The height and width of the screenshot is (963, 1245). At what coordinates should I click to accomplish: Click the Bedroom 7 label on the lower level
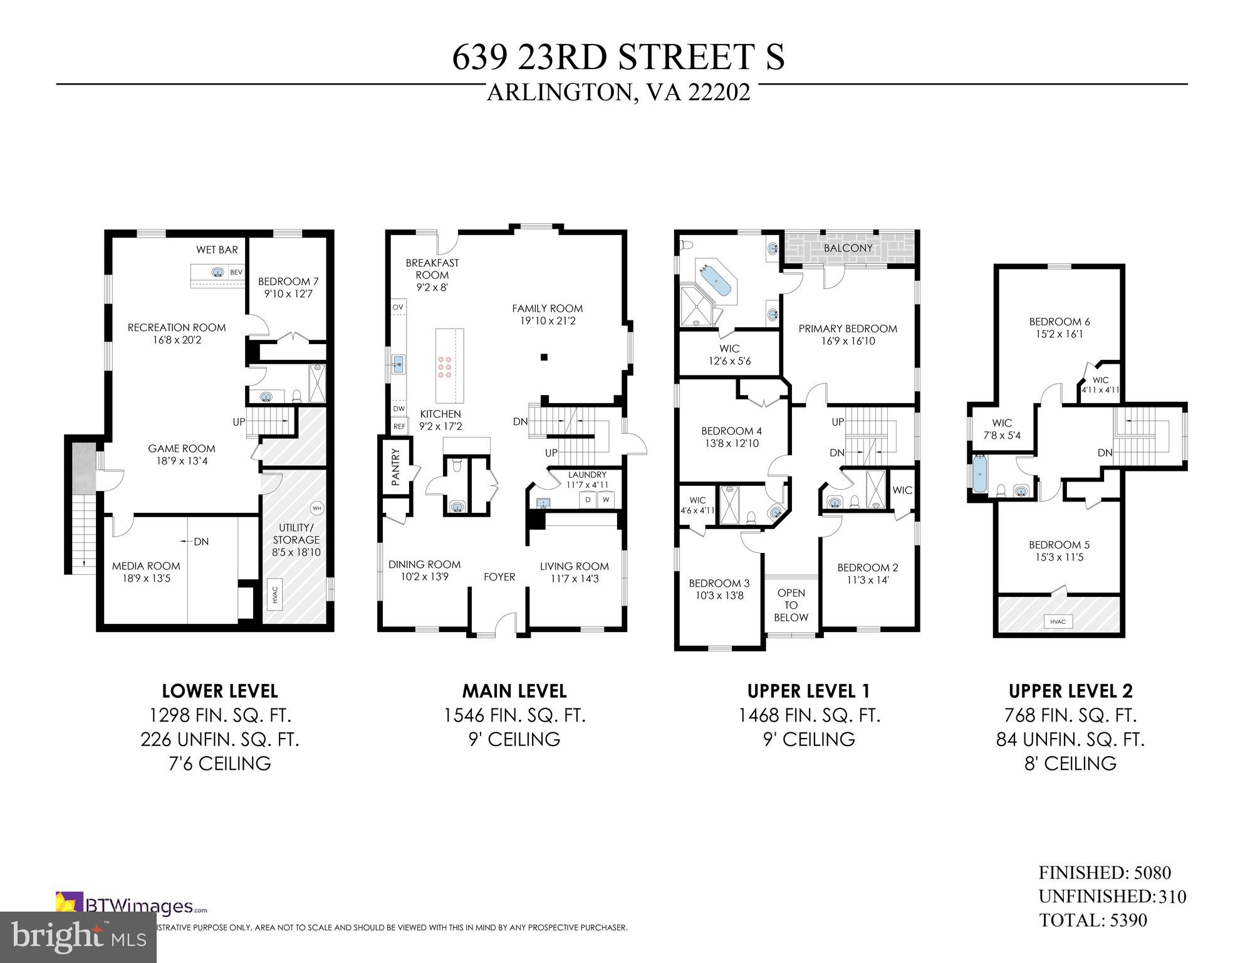pyautogui.click(x=288, y=282)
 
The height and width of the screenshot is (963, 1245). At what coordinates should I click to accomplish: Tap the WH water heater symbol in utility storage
pyautogui.click(x=316, y=508)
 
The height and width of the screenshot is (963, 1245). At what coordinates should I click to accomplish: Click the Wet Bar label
pyautogui.click(x=217, y=250)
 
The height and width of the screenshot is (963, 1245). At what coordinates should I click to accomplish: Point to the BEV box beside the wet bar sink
pyautogui.click(x=236, y=273)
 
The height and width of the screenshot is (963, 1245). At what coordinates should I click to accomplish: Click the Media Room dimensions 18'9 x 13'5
pyautogui.click(x=146, y=578)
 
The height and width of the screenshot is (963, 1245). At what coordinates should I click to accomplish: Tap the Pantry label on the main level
pyautogui.click(x=395, y=467)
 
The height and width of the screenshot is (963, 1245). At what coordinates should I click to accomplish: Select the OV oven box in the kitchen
pyautogui.click(x=398, y=307)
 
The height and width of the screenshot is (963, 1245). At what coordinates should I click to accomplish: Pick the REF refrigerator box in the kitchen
pyautogui.click(x=399, y=426)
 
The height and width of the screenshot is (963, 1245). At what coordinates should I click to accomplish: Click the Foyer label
pyautogui.click(x=499, y=577)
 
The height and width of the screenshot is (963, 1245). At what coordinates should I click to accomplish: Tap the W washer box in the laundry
pyautogui.click(x=606, y=500)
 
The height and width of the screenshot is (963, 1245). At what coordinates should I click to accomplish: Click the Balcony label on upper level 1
pyautogui.click(x=848, y=248)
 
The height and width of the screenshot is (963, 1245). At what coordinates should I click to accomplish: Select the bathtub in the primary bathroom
pyautogui.click(x=715, y=280)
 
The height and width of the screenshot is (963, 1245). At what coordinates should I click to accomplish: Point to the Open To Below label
pyautogui.click(x=791, y=605)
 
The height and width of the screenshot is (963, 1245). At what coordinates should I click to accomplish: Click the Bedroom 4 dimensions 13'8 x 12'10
pyautogui.click(x=731, y=443)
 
